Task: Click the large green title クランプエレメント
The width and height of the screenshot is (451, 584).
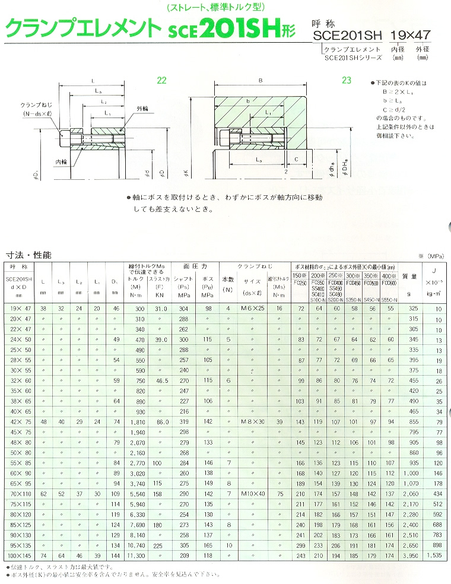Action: point(82,27)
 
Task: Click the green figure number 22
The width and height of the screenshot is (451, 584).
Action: point(162,81)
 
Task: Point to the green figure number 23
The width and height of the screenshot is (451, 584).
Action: point(347,81)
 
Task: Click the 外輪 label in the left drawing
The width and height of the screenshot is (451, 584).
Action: point(143,109)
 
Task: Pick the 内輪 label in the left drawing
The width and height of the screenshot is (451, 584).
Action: point(62,161)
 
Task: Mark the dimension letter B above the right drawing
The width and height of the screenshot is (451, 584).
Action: point(259,81)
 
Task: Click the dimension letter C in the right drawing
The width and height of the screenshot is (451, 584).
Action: point(295,159)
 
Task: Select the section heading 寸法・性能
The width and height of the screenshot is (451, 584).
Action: point(28,255)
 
